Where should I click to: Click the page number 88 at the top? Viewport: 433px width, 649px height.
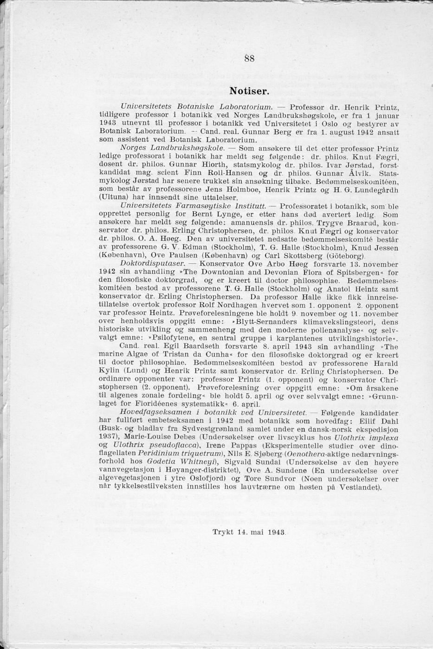point(249,58)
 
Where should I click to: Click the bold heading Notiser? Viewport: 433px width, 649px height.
point(249,89)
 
